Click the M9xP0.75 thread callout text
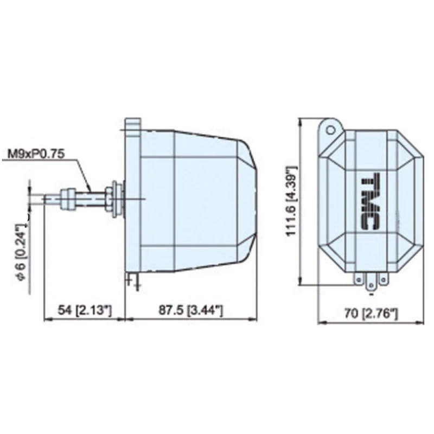pyautogui.click(x=36, y=154)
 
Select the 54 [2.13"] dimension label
pyautogui.click(x=85, y=310)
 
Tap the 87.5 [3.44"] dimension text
pyautogui.click(x=190, y=310)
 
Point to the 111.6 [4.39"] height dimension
pyautogui.click(x=291, y=201)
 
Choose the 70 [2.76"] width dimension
pyautogui.click(x=371, y=314)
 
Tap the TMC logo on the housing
pyautogui.click(x=371, y=201)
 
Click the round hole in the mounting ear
pyautogui.click(x=330, y=130)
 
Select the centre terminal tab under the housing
pyautogui.click(x=371, y=283)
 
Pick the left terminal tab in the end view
pyautogui.click(x=359, y=279)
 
